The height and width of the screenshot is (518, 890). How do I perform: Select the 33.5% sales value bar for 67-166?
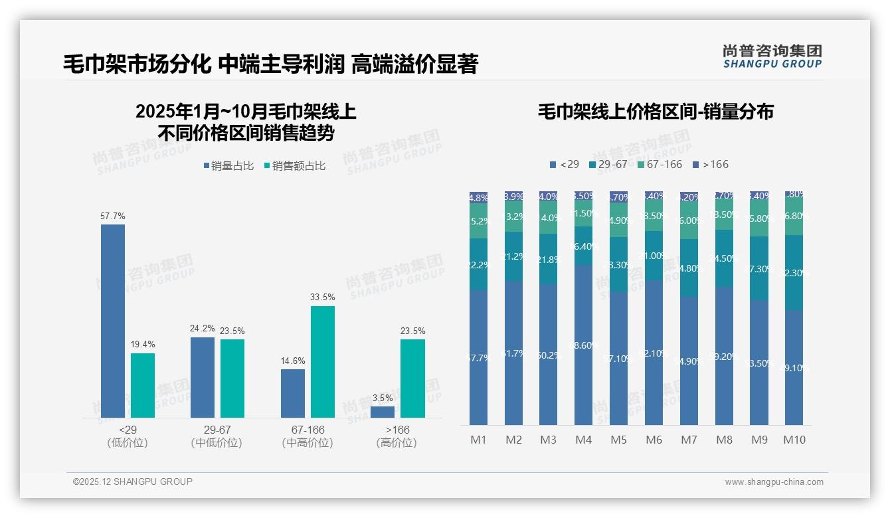point(323,361)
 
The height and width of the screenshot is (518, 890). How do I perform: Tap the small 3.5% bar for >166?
point(383,412)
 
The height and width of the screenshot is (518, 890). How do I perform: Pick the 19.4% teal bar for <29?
point(143,385)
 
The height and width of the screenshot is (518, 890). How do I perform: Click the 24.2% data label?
point(203,328)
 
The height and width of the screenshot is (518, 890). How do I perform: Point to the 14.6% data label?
point(293,361)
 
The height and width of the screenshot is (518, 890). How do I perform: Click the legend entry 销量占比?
point(228,166)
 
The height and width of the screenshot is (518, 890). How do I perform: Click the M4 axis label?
point(583,440)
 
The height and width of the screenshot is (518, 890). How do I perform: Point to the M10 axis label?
point(794,440)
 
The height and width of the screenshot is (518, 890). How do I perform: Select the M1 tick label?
point(478,440)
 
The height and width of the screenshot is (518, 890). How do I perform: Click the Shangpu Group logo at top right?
point(772,56)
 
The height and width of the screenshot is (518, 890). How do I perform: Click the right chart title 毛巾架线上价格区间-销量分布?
point(655,112)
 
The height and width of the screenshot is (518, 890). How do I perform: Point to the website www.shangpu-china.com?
point(774,482)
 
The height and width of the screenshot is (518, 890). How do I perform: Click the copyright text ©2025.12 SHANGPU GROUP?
point(132,481)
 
